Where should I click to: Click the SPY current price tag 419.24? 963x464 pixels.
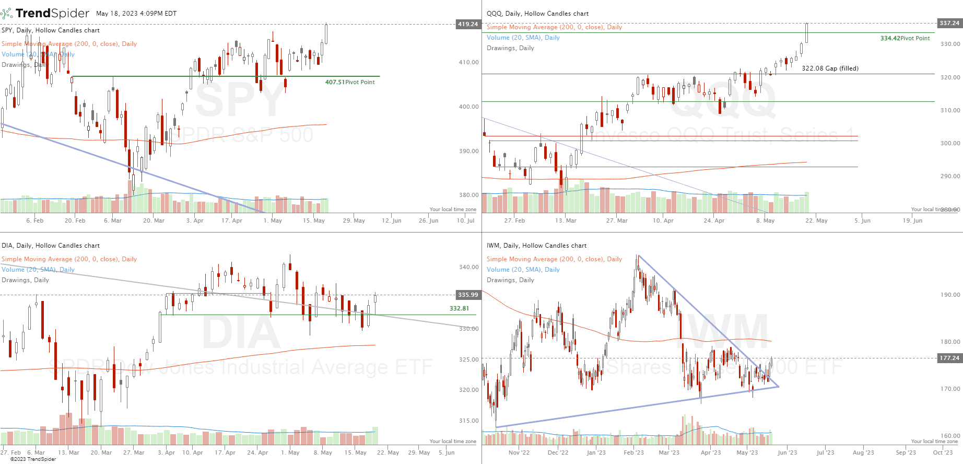(x=467, y=24)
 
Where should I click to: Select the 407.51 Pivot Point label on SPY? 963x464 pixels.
(x=349, y=82)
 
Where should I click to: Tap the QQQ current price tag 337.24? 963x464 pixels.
(x=949, y=23)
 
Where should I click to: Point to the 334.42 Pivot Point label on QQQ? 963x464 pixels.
(x=905, y=38)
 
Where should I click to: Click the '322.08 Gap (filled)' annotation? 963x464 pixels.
(x=830, y=68)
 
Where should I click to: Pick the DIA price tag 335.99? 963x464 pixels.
(x=467, y=295)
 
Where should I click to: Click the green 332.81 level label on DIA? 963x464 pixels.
(x=459, y=308)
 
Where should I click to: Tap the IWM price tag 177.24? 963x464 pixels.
(x=949, y=358)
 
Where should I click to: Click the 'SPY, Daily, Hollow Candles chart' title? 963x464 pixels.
(x=51, y=30)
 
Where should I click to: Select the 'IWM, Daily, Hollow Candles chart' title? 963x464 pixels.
(x=536, y=246)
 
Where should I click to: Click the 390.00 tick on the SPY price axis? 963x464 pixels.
(x=468, y=151)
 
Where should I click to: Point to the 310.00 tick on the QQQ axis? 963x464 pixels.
(x=950, y=110)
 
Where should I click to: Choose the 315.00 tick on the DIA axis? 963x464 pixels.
(x=468, y=421)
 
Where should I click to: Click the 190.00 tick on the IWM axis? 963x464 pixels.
(x=950, y=295)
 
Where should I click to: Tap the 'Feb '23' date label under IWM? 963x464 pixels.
(x=633, y=453)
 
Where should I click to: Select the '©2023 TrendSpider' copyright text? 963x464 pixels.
(x=33, y=459)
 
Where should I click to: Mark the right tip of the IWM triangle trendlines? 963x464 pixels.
(x=779, y=387)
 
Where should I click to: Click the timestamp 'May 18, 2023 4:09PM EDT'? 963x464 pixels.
(x=136, y=14)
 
